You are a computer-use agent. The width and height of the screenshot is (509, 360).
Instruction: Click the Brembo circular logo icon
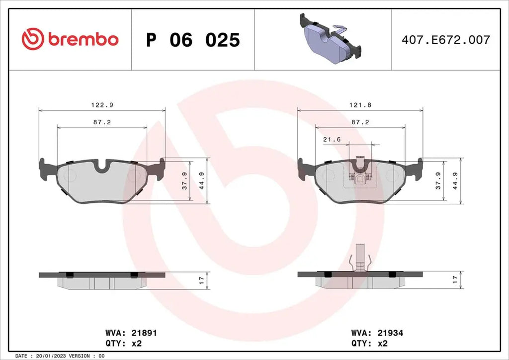coord(32,39)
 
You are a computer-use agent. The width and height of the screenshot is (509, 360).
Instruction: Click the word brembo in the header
coord(83,39)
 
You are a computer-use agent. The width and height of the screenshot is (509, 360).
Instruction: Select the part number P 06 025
coord(193,40)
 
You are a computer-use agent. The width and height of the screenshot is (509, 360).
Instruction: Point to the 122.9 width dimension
coord(101,105)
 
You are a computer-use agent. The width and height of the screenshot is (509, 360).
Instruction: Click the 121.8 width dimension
coord(360,105)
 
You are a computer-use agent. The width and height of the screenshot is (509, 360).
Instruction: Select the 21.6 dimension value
coord(332,140)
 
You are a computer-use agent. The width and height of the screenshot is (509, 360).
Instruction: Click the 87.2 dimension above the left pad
coord(102,122)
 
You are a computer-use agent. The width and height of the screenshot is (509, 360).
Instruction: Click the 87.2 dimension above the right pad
coord(360,122)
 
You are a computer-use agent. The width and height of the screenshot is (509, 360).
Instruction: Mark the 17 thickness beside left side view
coord(201,280)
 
